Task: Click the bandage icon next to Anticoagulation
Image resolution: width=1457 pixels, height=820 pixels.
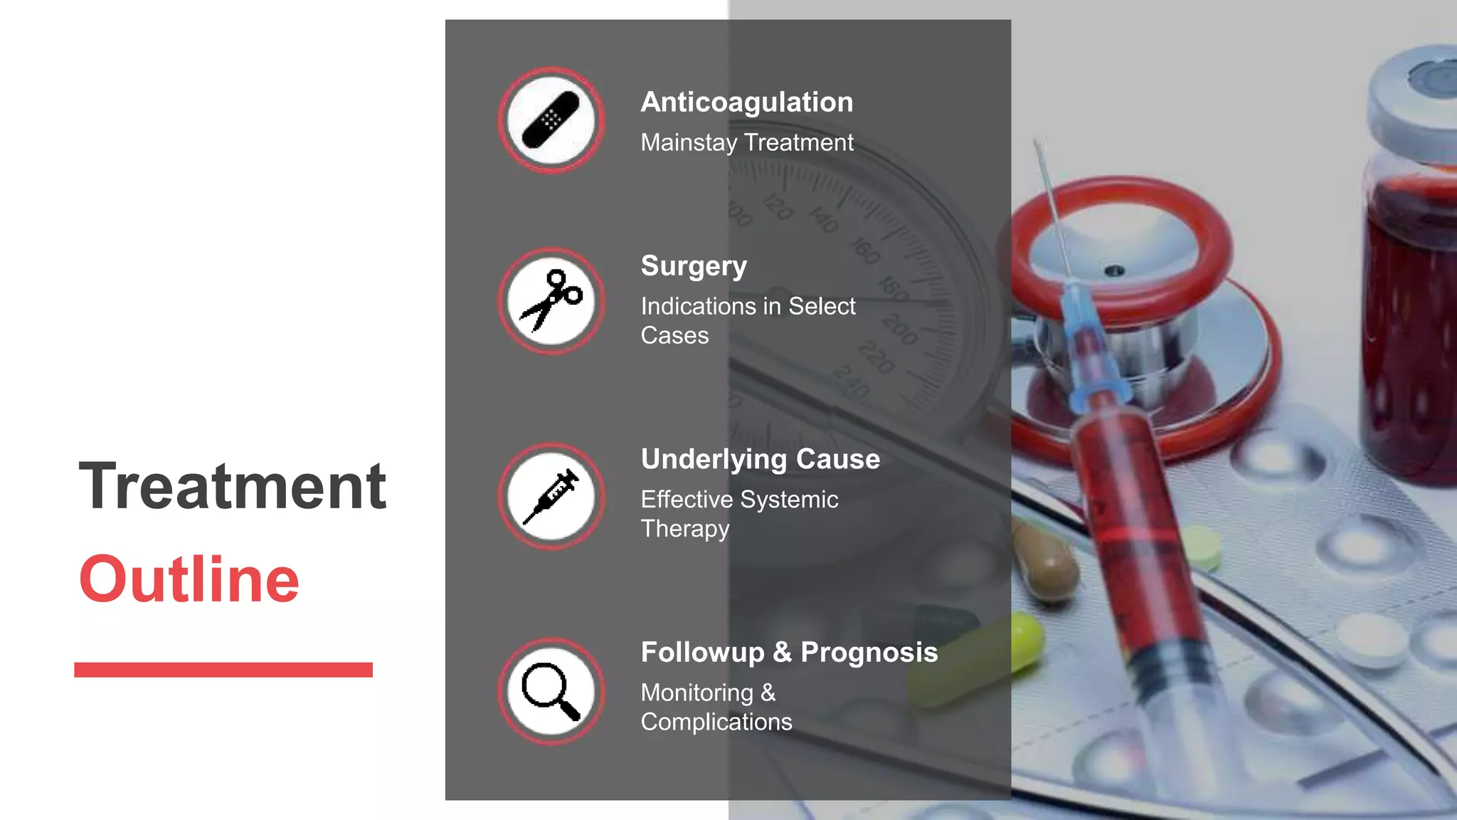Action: (551, 120)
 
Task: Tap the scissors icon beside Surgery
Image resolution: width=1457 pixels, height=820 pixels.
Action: (551, 300)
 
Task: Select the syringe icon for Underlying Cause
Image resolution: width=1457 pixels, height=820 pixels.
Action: (551, 496)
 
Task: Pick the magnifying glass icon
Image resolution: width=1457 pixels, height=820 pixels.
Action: (551, 691)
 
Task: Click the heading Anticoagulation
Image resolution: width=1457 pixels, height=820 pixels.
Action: (746, 102)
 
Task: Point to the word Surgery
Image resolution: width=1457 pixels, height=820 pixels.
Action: (694, 266)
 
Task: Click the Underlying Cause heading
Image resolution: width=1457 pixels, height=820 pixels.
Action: (760, 460)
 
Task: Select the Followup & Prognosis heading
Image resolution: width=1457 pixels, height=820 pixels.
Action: (789, 653)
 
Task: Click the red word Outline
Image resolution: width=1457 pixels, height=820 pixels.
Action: (189, 579)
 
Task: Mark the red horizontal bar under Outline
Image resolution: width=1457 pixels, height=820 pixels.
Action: (223, 670)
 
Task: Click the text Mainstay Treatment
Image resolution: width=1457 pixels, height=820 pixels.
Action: (746, 143)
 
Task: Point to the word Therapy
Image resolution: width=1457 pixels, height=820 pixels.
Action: (684, 529)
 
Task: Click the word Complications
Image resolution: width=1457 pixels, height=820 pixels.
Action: (716, 722)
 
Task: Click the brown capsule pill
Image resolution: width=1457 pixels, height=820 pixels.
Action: (1044, 562)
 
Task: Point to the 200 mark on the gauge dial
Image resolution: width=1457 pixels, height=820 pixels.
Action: (899, 330)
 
